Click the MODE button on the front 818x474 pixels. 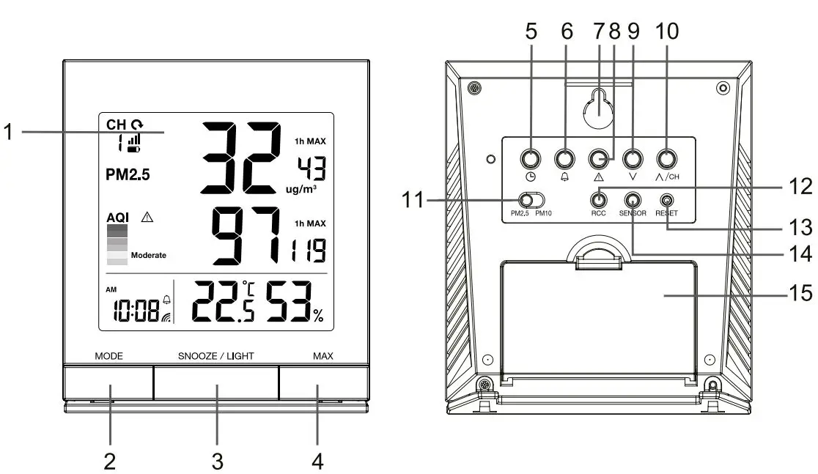[108, 382]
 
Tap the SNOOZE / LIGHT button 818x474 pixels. [215, 382]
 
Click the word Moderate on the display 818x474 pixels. [149, 256]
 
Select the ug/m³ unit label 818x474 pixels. [301, 189]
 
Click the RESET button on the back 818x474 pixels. [666, 199]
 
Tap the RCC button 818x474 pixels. [600, 199]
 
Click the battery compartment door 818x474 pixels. [597, 322]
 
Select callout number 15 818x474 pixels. [797, 293]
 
